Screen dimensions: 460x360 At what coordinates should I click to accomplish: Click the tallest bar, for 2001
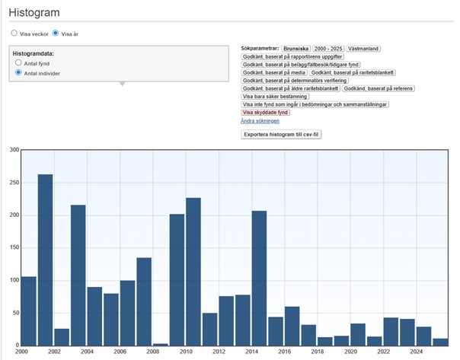pos(45,260)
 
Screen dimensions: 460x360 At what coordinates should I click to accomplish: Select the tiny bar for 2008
pos(161,345)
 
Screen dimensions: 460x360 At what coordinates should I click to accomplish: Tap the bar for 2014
pos(259,279)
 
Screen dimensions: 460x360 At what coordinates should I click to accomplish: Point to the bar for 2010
pos(193,272)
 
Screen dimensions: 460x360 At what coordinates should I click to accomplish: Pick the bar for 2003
pos(78,276)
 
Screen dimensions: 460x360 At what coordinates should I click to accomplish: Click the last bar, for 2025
pos(440,342)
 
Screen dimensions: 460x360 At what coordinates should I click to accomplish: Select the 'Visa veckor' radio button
pos(14,33)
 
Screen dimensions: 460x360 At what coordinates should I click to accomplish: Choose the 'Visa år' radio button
pos(56,33)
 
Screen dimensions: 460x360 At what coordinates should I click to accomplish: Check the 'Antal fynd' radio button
pos(18,62)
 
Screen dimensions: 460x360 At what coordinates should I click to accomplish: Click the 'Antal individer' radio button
pos(18,72)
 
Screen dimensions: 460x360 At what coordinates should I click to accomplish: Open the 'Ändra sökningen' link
pos(260,121)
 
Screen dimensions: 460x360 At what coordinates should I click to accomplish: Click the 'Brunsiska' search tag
pos(295,49)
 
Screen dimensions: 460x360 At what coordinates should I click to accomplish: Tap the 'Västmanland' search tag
pos(363,49)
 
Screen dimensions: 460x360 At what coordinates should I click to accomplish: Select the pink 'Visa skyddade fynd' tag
pos(265,113)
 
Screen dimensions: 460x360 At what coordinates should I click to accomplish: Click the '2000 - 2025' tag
pos(328,49)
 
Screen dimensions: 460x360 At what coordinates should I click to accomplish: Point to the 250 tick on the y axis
pos(14,183)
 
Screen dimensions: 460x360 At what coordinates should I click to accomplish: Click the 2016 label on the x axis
pos(285,352)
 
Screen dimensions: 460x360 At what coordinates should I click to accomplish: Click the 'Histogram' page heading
pos(34,13)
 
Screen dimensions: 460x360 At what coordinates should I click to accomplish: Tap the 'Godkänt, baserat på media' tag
pos(274,72)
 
